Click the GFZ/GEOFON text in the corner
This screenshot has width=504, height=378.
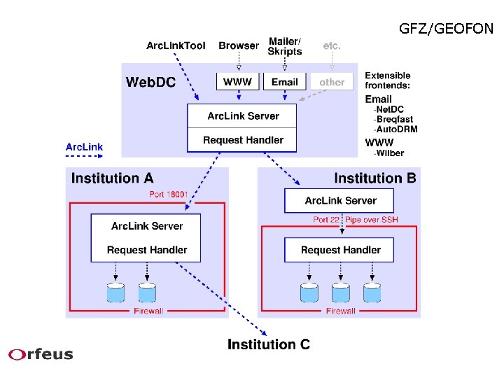pos(446,29)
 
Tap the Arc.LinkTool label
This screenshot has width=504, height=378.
pos(176,45)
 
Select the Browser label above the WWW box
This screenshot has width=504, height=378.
pos(238,45)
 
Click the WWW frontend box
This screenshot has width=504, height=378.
pos(237,82)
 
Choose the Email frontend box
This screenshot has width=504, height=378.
pos(284,82)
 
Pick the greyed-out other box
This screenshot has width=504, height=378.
pos(332,82)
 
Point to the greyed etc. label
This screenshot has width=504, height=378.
pos(332,45)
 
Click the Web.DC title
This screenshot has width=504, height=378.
pos(150,83)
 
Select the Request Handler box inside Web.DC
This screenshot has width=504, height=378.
pos(243,140)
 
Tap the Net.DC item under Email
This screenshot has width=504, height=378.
pos(389,110)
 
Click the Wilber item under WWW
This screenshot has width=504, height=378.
pos(389,153)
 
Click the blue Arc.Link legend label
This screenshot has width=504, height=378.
pos(84,147)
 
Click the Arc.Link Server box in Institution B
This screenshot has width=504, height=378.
pos(340,201)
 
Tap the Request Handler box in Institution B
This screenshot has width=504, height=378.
pos(340,250)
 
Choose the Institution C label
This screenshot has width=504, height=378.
pos(269,344)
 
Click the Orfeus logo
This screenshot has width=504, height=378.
pos(41,354)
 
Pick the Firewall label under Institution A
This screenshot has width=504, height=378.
pos(148,311)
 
